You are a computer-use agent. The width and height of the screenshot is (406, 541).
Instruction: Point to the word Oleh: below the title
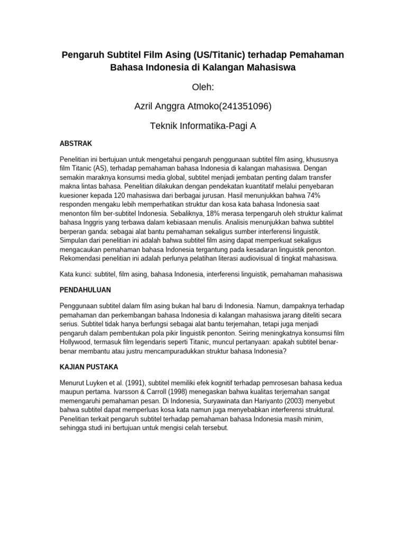pos(203,87)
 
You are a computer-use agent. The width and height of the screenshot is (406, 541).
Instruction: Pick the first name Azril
pos(146,107)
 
